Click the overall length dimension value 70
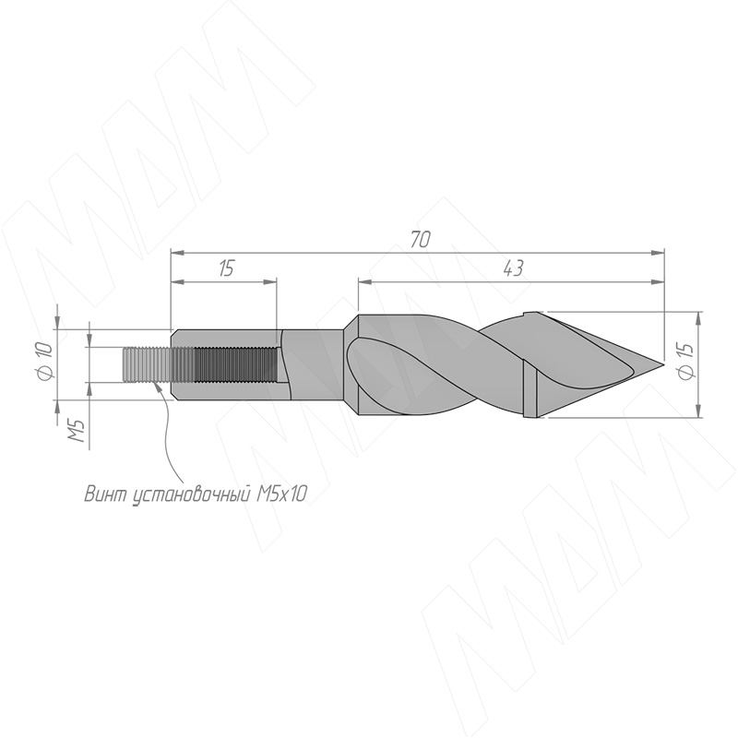pos(420,240)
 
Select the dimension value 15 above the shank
pos(226,268)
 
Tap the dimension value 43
pos(513,268)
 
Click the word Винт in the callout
pos(104,494)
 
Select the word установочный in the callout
pos(189,494)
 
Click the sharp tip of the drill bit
pos(663,364)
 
